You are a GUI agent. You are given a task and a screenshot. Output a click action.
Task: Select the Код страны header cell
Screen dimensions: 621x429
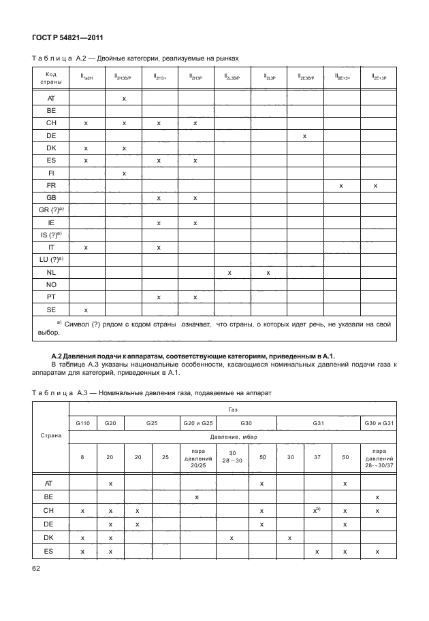[x=51, y=78]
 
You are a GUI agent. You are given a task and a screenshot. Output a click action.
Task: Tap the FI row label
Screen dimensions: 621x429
[x=51, y=173]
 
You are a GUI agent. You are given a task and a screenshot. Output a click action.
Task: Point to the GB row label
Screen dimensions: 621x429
[x=51, y=198]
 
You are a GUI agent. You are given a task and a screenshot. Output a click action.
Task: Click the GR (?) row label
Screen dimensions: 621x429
[x=51, y=210]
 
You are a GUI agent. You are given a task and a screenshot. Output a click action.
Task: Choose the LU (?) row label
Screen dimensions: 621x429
[x=51, y=260]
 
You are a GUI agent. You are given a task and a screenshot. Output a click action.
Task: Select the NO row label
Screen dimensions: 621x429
[x=51, y=284]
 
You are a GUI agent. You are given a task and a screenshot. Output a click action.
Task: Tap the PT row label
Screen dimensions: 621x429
[x=51, y=297]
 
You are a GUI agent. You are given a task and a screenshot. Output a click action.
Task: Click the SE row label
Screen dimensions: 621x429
[x=51, y=309]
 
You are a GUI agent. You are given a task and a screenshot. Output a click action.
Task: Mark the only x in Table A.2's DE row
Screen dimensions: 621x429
[x=304, y=136]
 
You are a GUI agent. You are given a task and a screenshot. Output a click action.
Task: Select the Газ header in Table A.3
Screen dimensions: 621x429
[x=232, y=412]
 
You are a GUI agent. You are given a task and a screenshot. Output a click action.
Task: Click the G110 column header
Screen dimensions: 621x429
[x=82, y=423]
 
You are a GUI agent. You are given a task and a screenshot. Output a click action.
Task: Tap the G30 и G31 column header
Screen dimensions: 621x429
[x=377, y=423]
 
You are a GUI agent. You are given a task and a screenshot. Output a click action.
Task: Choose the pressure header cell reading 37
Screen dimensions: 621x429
[x=317, y=457]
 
